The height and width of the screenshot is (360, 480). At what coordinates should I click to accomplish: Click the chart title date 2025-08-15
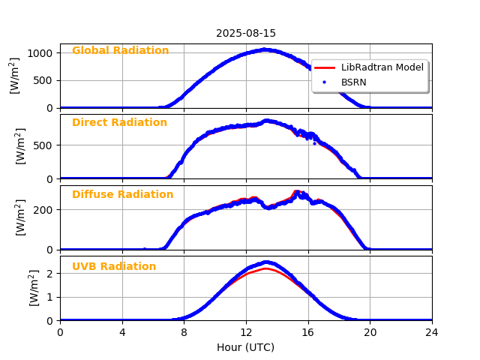246,34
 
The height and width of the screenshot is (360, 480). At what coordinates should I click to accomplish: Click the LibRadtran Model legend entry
382,67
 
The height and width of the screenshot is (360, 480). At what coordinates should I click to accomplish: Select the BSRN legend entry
354,82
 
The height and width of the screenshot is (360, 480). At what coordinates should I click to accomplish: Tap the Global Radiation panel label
120,51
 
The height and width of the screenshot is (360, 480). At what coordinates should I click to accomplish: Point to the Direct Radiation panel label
119,123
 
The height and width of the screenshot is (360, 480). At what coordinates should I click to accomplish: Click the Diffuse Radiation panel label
122,195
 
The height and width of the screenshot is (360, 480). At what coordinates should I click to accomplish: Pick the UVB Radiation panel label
114,267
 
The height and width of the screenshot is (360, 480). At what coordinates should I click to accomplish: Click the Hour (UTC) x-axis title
246,348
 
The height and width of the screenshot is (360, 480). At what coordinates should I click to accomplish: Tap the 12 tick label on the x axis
246,332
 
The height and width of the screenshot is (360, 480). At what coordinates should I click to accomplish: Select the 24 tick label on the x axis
432,332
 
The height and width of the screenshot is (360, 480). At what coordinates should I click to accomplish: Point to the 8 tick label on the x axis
184,332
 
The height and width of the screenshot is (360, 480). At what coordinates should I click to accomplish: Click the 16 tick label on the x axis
308,332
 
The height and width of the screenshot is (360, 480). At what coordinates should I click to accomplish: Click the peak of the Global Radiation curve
265,50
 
